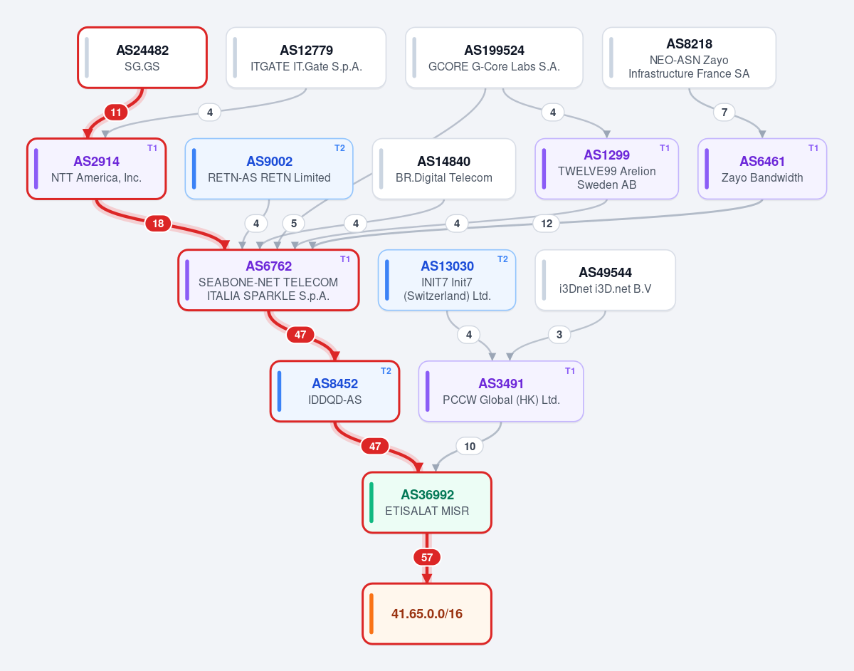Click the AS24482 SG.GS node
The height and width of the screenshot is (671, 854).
pos(142,58)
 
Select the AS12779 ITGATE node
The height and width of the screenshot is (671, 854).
pos(306,58)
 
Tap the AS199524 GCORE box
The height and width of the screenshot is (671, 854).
pos(494,58)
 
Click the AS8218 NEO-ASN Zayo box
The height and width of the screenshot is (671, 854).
pos(689,58)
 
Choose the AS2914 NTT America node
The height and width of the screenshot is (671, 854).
pos(96,169)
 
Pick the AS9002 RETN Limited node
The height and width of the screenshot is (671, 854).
pos(269,169)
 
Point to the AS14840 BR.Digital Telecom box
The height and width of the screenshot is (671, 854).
pos(443,169)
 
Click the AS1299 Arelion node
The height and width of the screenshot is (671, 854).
pos(606,169)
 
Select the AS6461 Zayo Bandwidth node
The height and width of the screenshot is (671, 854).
pos(762,169)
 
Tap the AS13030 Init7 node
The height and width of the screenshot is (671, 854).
pos(447,280)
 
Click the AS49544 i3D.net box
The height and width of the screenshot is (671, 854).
pos(605,280)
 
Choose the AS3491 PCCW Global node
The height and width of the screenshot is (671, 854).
pos(501,391)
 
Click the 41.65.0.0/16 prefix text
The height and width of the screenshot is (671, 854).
pos(427,614)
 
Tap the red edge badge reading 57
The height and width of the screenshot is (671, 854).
pos(427,557)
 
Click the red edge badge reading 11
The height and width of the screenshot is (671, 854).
pos(115,113)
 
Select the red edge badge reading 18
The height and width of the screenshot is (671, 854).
pos(158,224)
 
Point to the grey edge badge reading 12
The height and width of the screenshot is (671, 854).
pos(547,224)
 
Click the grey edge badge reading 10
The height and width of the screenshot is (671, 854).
pos(469,447)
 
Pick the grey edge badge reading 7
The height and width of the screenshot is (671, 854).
pos(724,113)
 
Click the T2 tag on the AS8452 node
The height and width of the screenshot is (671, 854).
pos(386,371)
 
